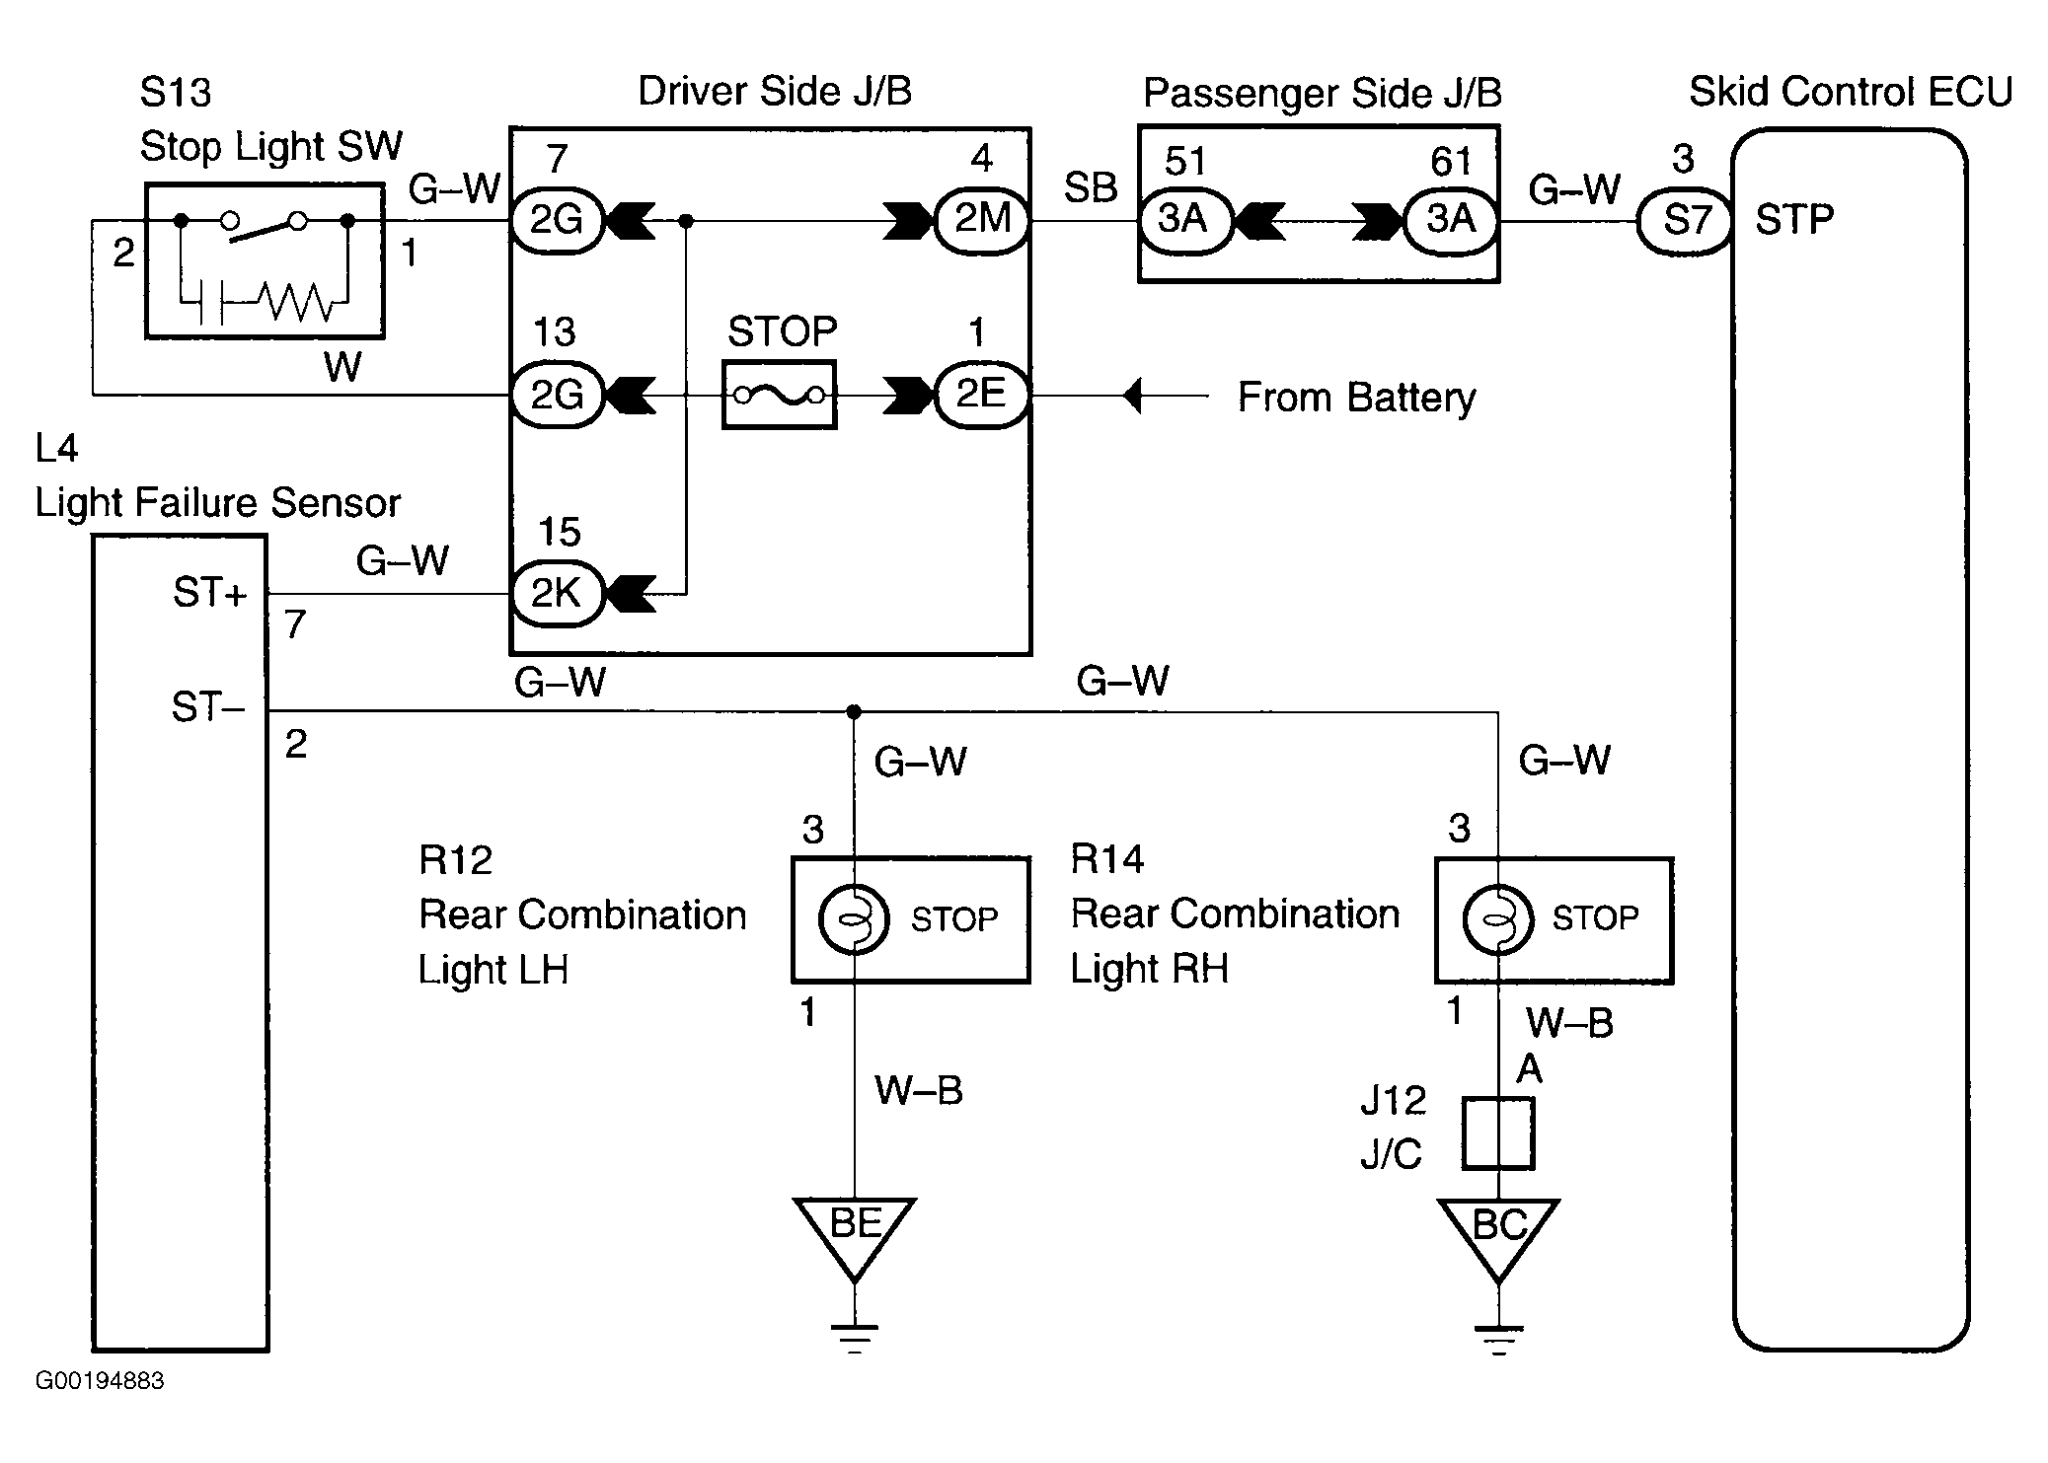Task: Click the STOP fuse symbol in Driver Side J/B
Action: point(780,396)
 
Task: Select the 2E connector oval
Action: point(982,396)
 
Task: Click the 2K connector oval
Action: point(557,594)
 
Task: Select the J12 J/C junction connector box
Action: point(1498,1133)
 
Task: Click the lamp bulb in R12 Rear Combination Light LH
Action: point(855,919)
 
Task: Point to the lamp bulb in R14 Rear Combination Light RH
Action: point(1498,919)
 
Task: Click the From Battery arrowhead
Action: point(1132,397)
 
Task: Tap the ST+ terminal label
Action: point(209,593)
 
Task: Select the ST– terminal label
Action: point(207,707)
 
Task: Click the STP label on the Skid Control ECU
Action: point(1794,220)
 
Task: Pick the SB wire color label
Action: point(1091,187)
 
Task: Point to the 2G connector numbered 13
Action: point(557,396)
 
